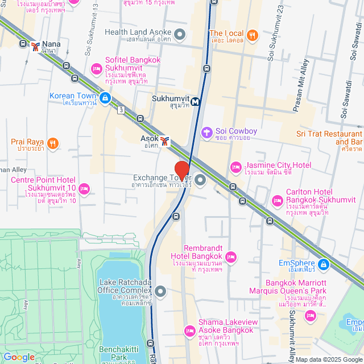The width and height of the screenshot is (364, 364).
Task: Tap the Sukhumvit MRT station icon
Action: (x=196, y=102)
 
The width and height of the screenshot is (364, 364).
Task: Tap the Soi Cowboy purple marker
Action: (x=207, y=132)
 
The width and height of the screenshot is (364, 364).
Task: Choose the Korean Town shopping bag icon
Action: (x=105, y=98)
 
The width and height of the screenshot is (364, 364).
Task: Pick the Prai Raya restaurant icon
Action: (x=52, y=143)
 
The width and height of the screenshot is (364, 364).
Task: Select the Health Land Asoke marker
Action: (x=180, y=35)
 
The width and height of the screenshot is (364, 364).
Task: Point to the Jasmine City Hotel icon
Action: (x=236, y=167)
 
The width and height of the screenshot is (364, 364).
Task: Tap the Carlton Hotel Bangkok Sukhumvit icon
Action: (x=278, y=200)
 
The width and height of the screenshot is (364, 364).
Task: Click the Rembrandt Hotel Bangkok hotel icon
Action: (x=231, y=258)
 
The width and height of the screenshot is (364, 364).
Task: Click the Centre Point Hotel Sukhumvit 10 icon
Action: (x=84, y=188)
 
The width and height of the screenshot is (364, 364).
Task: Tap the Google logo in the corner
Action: (x=19, y=357)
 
